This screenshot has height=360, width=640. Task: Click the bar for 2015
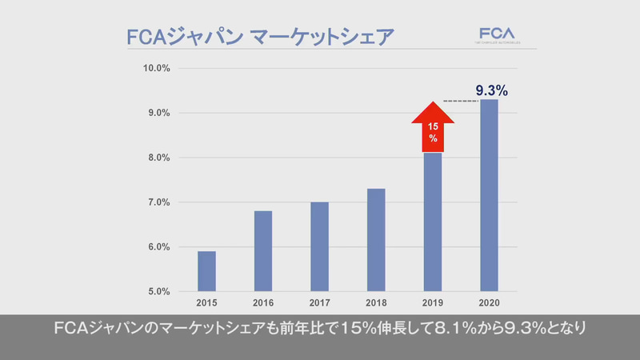tap(206, 271)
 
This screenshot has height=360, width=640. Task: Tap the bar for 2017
tap(318, 246)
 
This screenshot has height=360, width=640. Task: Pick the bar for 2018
tap(375, 240)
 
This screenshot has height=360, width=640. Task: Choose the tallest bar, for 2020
tap(489, 195)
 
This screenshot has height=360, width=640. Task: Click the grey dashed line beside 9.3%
tap(459, 101)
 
